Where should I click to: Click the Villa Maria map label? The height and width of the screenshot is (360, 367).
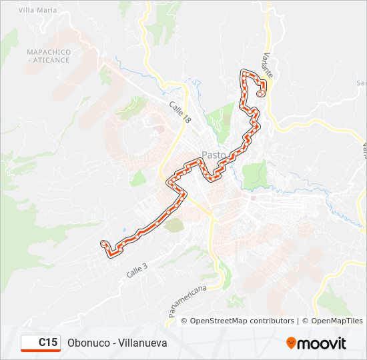point(37,11)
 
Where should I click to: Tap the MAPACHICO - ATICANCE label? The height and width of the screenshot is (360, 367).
point(48,56)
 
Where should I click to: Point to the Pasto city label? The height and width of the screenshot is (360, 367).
point(213,155)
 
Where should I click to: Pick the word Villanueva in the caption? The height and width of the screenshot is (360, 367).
point(143,343)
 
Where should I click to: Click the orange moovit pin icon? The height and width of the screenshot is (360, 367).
point(292,343)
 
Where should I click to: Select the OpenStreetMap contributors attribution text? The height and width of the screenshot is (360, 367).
point(242,321)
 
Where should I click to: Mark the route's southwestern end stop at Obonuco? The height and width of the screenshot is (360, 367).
point(103,244)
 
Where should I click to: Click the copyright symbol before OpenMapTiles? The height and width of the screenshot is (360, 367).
point(306,321)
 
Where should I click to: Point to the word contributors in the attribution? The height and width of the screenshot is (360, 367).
point(268,321)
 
